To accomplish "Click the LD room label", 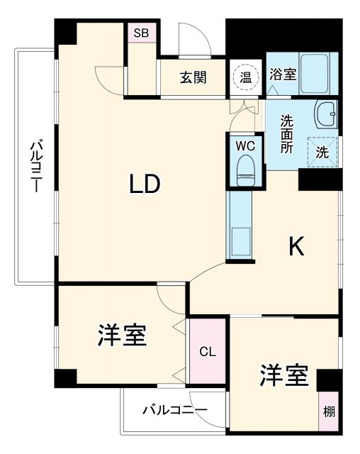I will [145, 184].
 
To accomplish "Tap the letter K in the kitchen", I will [296, 246].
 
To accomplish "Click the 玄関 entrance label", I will [192, 77].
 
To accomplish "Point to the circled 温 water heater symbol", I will [245, 77].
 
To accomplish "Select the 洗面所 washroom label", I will [286, 133].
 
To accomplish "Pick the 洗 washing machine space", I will [322, 151].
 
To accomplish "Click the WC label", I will [244, 145].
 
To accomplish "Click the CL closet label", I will [207, 352].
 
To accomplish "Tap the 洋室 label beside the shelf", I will [283, 376].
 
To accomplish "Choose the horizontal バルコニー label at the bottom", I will [174, 410].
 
